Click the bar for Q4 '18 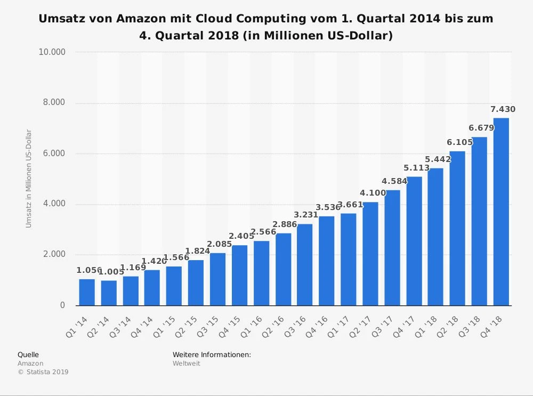coord(501,212)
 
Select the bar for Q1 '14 coord(87,292)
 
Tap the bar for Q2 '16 coord(284,269)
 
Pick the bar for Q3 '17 coord(392,248)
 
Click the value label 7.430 coord(503,110)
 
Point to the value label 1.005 coord(111,272)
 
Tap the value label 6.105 coord(459,142)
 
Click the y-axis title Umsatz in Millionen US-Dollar coord(29,179)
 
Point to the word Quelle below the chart coord(28,355)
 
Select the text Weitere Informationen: coord(212,355)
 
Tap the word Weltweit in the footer coord(187,363)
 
